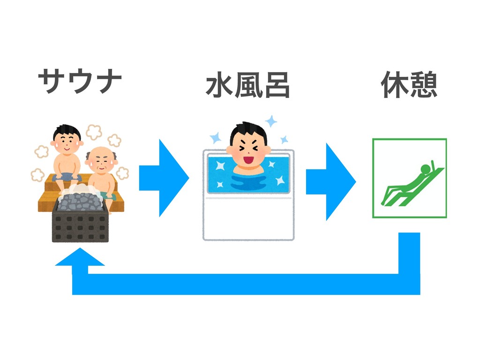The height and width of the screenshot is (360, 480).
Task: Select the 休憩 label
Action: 409,86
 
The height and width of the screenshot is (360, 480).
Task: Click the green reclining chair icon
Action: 409,178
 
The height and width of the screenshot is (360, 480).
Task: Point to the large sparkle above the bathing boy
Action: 271,121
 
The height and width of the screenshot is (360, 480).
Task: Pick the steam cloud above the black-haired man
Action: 94,132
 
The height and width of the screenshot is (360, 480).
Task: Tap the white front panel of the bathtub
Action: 248,218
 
